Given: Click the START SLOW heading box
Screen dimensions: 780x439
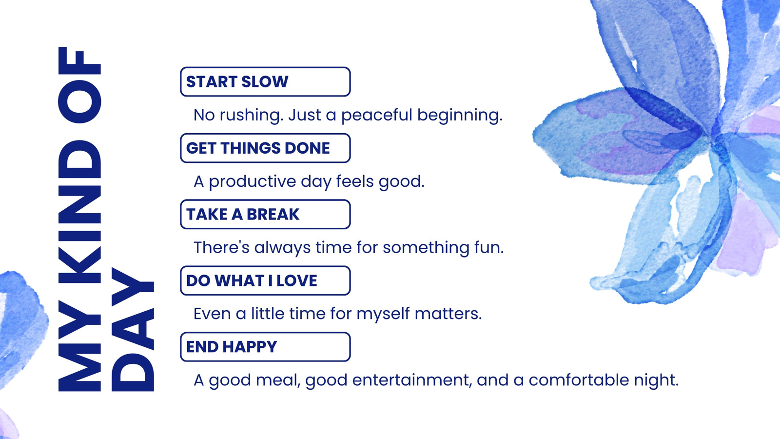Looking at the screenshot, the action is coord(265,81).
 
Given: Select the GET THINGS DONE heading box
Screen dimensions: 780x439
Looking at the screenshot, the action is coord(265,148).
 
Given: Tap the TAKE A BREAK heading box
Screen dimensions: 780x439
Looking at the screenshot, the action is coord(265,214).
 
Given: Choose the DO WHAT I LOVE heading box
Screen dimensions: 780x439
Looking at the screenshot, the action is coord(265,280).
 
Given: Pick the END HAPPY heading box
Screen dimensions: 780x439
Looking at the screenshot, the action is coord(265,347).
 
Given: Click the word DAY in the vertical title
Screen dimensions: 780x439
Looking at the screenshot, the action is coord(133,330).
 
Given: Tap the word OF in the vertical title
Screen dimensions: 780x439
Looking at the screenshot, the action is coord(80,85).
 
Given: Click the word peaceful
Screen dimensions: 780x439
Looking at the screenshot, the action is coord(376,116).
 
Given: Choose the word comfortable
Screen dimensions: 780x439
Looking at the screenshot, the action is coord(579,380).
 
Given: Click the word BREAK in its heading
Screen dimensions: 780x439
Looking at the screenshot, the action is coord(273,214).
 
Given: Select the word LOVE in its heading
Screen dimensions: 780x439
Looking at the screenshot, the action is coord(297,280).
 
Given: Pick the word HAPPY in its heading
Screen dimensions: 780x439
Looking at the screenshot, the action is coord(249,347).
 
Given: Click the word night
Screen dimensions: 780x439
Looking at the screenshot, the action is coord(656,380).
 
